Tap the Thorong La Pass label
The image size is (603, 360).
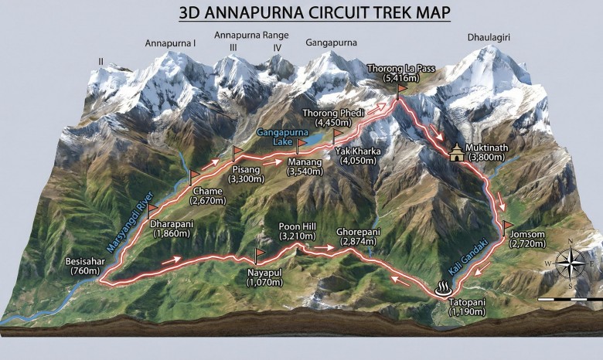click(402, 69)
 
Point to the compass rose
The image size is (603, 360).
click(570, 263)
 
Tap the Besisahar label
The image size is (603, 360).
click(81, 261)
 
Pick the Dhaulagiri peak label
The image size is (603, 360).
click(492, 36)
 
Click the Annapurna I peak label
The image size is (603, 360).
click(170, 43)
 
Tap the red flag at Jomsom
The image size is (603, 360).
click(507, 227)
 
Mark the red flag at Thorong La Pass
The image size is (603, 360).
click(401, 90)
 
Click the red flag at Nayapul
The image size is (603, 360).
click(260, 253)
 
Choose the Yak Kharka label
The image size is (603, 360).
click(359, 151)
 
